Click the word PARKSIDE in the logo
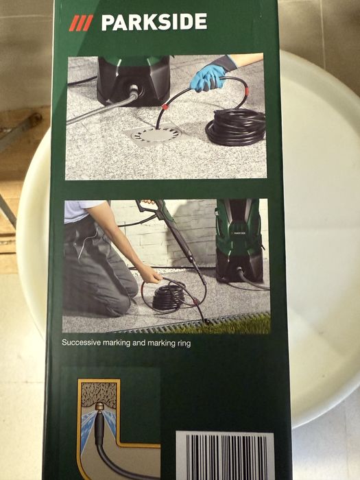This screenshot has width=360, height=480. (x=154, y=23)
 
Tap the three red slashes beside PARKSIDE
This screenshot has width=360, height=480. (x=81, y=23)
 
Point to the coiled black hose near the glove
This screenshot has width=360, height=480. (x=236, y=126)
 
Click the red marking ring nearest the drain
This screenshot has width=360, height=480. (x=165, y=107)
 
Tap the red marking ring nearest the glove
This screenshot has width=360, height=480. (x=247, y=91)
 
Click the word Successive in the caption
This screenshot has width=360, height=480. (x=81, y=342)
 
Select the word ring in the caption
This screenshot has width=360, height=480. (x=184, y=343)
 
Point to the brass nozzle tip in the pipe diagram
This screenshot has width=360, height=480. (x=99, y=406)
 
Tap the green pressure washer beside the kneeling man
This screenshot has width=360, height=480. (x=239, y=240)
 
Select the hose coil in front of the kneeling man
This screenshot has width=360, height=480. (x=169, y=297)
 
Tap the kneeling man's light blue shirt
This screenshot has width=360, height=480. (x=80, y=211)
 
